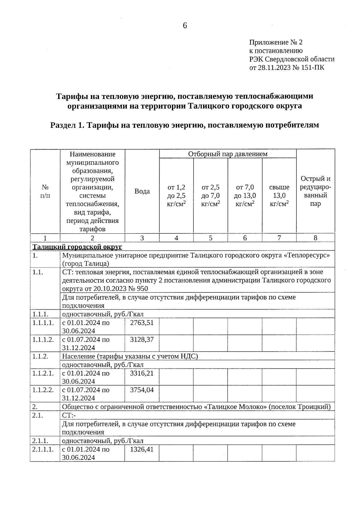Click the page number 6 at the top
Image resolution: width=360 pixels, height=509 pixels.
[x=185, y=26]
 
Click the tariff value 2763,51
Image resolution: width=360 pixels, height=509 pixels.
[x=142, y=323]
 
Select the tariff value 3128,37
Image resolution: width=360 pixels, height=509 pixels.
[x=142, y=340]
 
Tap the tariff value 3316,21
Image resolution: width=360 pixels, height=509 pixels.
[x=142, y=373]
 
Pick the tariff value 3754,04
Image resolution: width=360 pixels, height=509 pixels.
[x=142, y=390]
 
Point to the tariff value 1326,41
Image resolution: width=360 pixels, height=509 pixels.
[x=142, y=449]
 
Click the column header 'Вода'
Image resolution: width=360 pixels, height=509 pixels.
[x=142, y=191]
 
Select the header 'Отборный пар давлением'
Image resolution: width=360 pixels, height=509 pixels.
[x=228, y=154]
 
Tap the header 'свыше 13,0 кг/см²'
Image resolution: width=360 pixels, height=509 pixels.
[x=279, y=196]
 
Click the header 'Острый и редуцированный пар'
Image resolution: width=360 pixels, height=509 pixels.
[x=315, y=191]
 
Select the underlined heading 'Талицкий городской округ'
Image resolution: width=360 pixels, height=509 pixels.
[x=77, y=247]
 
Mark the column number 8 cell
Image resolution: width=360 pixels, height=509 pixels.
[x=315, y=238]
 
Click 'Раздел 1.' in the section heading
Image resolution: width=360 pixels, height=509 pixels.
[x=66, y=125]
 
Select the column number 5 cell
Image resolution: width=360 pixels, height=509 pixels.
[x=211, y=238]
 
